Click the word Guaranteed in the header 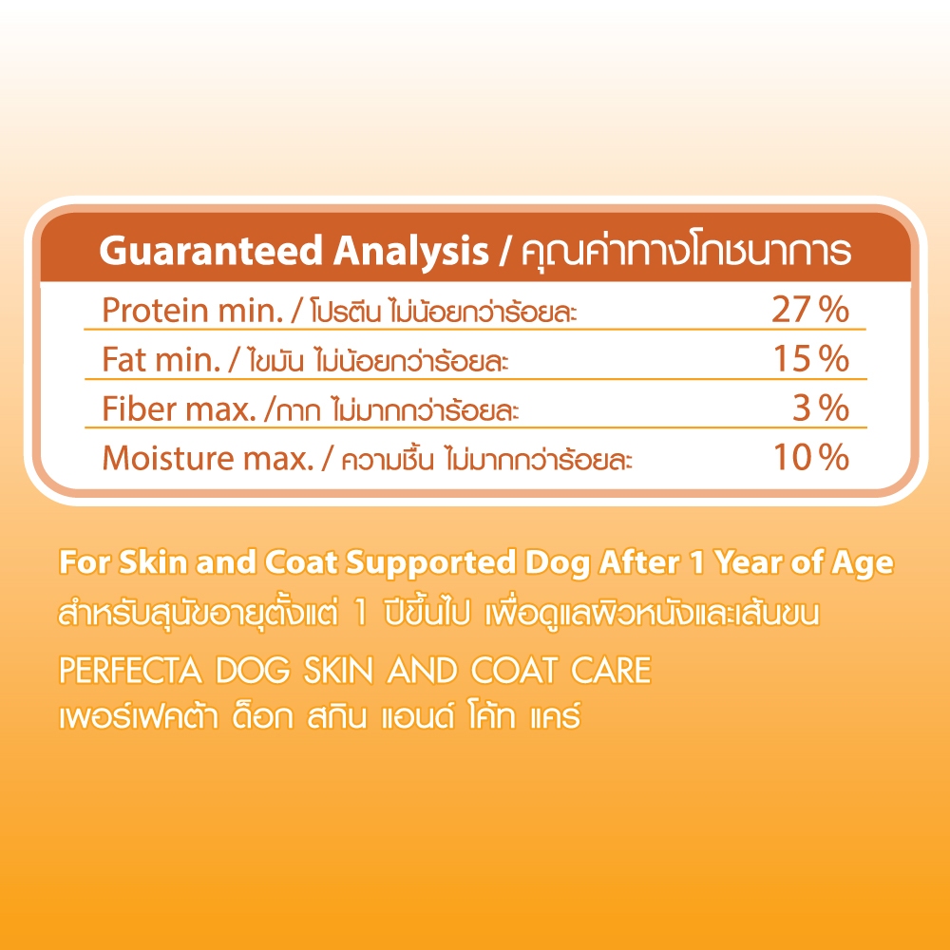click(x=210, y=251)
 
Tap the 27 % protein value click(x=810, y=310)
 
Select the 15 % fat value click(x=811, y=359)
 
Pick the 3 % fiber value click(x=821, y=408)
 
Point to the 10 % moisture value click(x=811, y=458)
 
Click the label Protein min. click(x=193, y=311)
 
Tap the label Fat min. click(x=161, y=359)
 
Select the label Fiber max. click(x=180, y=408)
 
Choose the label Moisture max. click(x=208, y=458)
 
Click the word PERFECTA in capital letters click(x=130, y=671)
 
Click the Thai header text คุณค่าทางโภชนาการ click(x=686, y=251)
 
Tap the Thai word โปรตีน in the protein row click(x=346, y=312)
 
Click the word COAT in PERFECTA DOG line click(x=514, y=671)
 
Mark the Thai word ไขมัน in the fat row click(x=275, y=361)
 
